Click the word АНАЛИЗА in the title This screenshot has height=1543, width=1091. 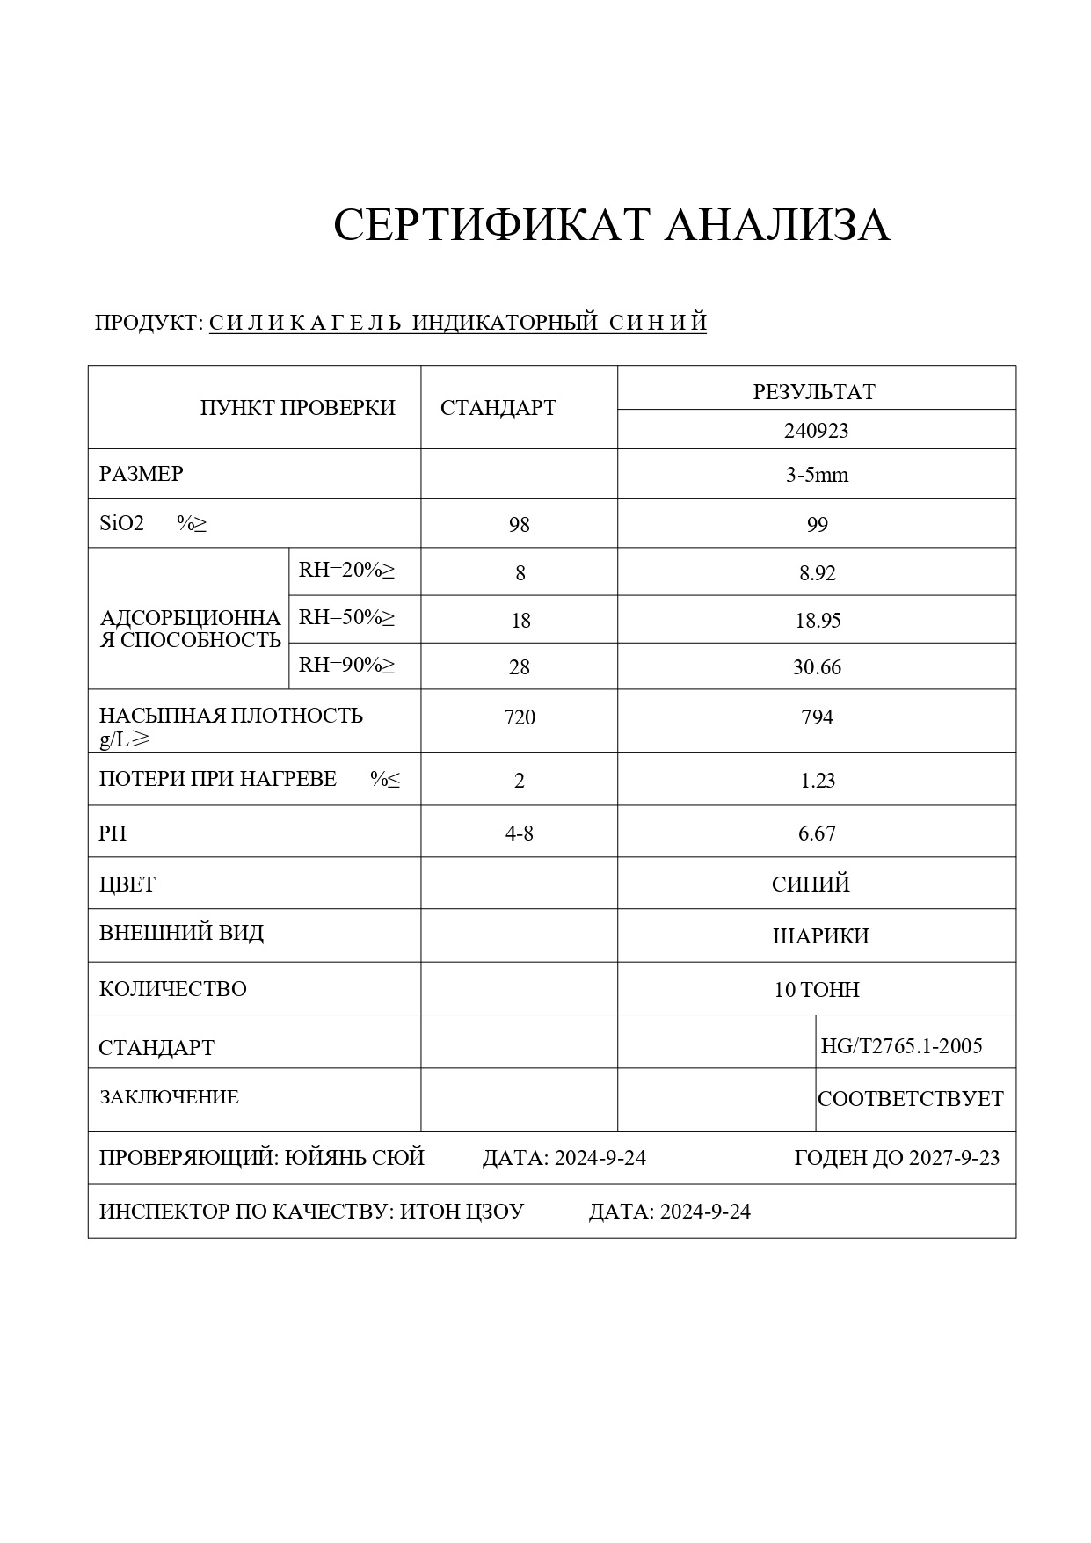(776, 225)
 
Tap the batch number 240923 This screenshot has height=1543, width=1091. (816, 431)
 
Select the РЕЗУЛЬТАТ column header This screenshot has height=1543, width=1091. (814, 392)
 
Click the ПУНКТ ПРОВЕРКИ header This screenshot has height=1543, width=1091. (297, 408)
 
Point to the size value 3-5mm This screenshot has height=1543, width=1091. (817, 476)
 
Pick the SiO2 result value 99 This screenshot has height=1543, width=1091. (817, 525)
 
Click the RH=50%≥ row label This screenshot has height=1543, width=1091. (346, 617)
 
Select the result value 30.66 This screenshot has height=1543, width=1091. (817, 667)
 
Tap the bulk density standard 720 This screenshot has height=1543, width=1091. (520, 717)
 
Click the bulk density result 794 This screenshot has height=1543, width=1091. (817, 717)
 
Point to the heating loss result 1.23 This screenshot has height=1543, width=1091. (817, 781)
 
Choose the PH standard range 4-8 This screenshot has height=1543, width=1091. (520, 833)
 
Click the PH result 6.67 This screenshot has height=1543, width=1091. (817, 833)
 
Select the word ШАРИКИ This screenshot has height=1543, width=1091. (820, 936)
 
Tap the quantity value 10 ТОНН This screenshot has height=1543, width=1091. (817, 990)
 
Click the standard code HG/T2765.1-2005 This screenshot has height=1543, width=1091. (901, 1046)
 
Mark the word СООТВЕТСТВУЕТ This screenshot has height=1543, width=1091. (910, 1099)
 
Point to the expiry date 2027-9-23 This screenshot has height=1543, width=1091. (954, 1158)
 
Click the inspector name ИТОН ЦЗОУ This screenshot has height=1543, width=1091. (462, 1212)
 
